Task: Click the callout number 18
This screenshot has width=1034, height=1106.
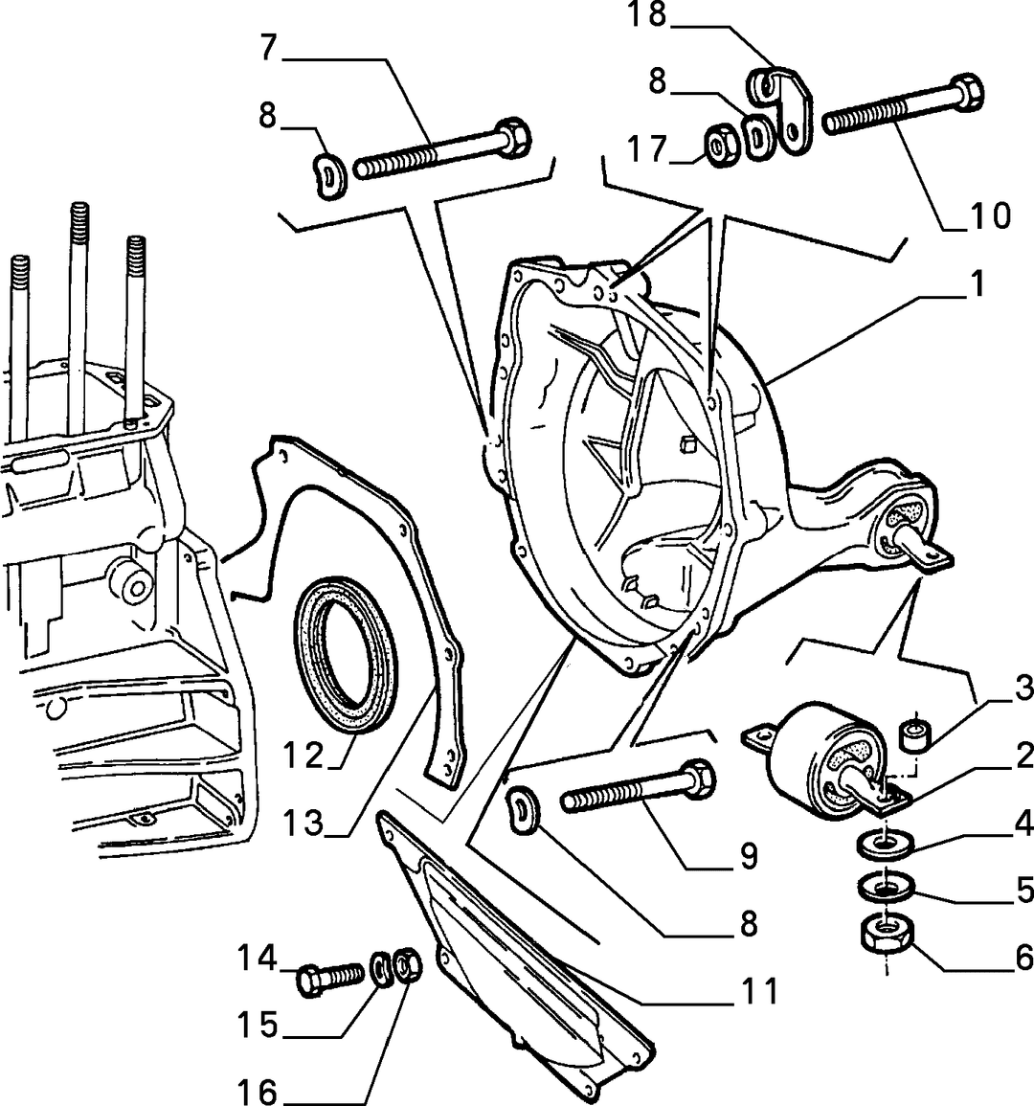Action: coord(647,14)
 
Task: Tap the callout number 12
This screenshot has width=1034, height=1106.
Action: coord(303,756)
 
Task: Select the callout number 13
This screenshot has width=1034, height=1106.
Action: coord(303,823)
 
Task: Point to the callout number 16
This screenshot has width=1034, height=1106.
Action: coord(258,1092)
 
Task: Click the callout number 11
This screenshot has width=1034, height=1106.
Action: coord(759,991)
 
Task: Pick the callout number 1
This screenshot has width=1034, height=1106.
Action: coord(977,284)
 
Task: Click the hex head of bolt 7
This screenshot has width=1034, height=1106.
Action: coord(513,135)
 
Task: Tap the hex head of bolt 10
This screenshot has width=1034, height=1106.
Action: coord(964,92)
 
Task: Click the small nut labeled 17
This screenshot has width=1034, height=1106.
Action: coord(722,146)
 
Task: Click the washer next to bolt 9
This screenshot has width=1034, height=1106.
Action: coord(524,810)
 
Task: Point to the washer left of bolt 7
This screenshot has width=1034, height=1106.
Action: coord(328,176)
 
